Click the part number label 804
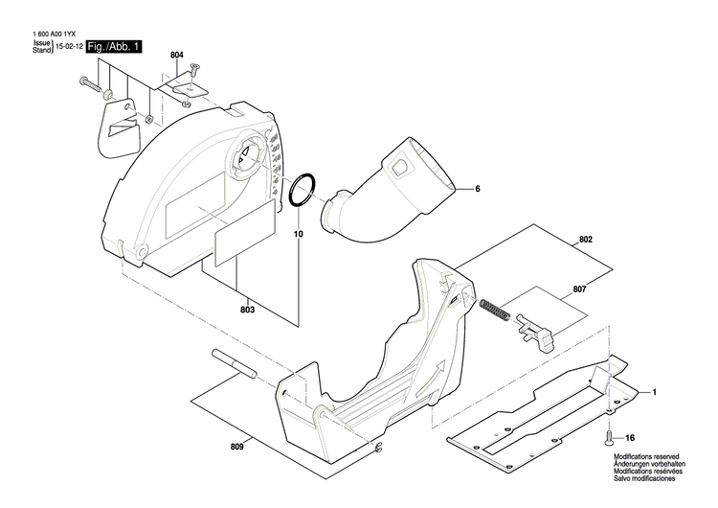[177, 56]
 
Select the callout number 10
[297, 233]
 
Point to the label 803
[247, 310]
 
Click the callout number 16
[629, 434]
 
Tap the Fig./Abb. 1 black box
[114, 47]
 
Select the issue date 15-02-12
[68, 47]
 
